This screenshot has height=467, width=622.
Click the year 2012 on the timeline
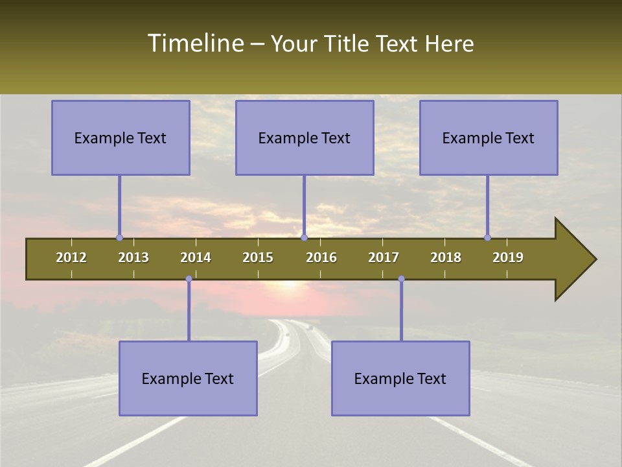71,257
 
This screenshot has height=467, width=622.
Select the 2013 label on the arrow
133,257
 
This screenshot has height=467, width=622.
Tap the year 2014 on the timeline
196,257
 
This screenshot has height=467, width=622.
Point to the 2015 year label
258,257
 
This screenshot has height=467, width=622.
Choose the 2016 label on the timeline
321,257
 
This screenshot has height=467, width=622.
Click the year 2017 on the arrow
384,257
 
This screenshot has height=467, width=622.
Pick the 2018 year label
446,257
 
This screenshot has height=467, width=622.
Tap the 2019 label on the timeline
508,257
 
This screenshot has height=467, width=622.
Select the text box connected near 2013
121,138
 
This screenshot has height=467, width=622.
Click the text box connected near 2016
305,138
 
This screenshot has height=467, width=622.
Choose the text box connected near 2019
489,138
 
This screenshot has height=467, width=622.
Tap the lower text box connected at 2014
188,378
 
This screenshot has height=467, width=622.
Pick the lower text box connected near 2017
400,378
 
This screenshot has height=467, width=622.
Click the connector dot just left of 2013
119,238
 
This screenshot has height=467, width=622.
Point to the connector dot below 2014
189,279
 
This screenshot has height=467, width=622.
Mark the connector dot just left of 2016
304,238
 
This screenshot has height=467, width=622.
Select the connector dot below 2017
401,279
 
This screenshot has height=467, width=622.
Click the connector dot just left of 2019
487,238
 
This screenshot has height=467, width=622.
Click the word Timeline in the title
195,43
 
